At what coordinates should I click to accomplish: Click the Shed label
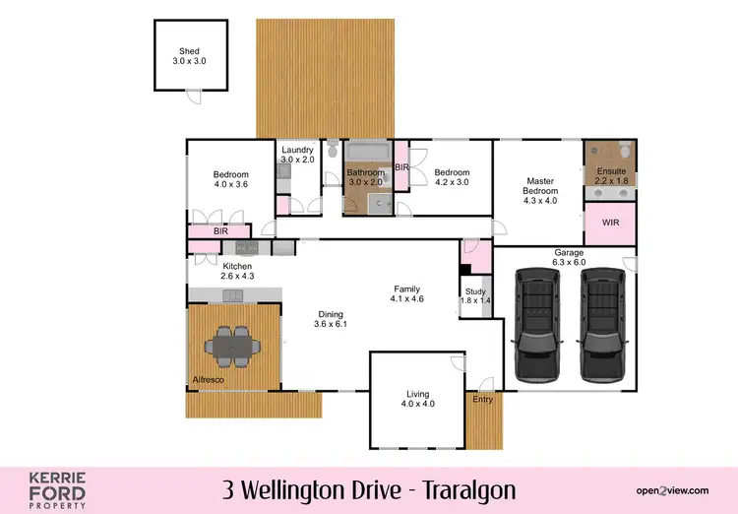189,56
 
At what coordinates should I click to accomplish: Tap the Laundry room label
297,155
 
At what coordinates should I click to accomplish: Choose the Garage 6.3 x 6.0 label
569,257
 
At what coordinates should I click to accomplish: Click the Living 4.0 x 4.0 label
417,398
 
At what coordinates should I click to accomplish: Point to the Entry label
482,399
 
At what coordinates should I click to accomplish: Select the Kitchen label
237,271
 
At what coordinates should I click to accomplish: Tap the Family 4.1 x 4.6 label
406,293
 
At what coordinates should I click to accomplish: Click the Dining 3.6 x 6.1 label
331,319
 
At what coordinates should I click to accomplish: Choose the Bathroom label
364,177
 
